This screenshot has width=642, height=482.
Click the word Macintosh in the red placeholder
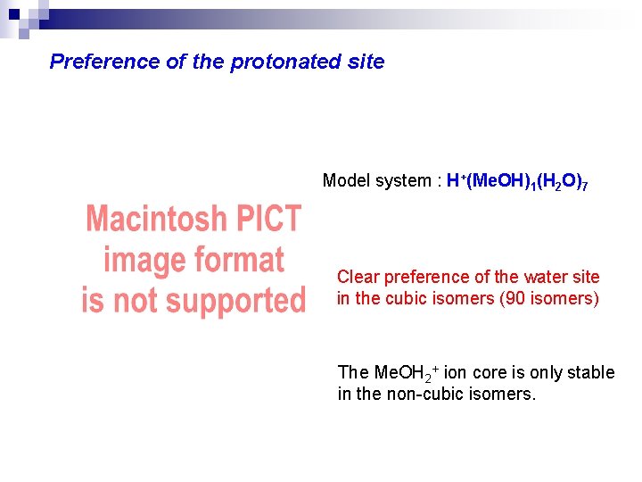[x=153, y=220]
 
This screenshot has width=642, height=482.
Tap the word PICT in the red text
[x=265, y=220]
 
